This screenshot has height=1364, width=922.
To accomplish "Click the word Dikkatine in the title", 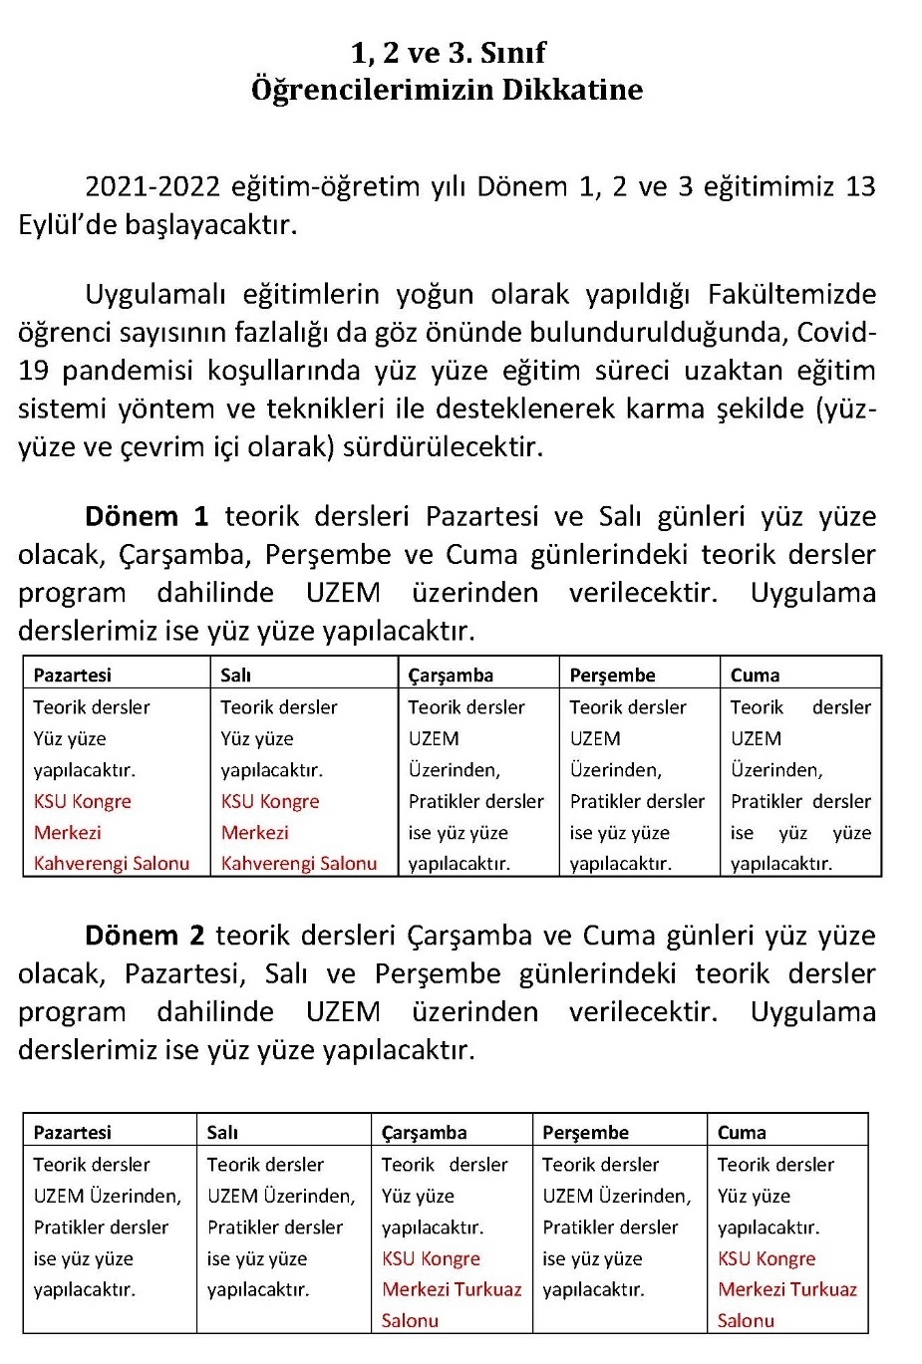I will pos(571,90).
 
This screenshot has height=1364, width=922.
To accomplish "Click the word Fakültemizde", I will pos(791,295).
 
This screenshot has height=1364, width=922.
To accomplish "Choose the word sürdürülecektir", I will pos(443,446).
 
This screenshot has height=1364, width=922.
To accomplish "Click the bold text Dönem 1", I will pos(147,516).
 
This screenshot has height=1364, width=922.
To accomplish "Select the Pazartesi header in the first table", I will pos(72,675).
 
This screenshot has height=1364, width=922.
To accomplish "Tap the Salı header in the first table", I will pos(236,675).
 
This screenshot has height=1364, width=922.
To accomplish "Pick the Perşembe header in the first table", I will pos(612,675).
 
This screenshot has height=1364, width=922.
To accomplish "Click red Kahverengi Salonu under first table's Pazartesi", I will pos(112,863).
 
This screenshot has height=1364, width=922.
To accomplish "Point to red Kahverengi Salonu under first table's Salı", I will pos(299,863).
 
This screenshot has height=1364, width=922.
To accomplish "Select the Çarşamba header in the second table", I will pos(424,1132).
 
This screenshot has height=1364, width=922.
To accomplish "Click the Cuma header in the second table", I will pos(742,1132).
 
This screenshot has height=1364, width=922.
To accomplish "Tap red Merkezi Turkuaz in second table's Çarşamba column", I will pos(452,1289).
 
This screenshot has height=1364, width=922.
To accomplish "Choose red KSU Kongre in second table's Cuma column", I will pos(767,1258).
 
